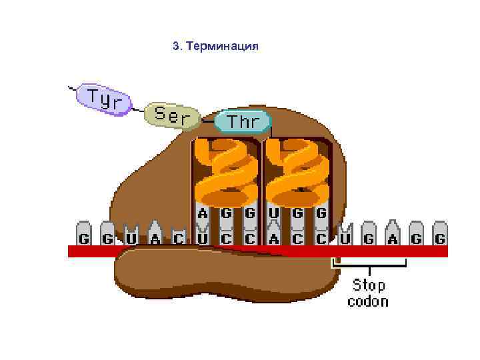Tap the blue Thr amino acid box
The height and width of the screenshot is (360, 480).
tap(243, 122)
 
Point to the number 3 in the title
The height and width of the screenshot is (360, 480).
tap(175, 47)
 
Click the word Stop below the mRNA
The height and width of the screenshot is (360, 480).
tap(368, 285)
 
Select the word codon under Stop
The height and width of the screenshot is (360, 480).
tap(368, 301)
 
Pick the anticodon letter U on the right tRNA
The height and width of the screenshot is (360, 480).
tap(273, 214)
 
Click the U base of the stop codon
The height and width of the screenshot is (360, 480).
tap(345, 238)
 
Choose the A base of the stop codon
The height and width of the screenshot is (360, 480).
tap(392, 238)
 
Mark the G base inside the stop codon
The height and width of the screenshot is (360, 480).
tap(369, 238)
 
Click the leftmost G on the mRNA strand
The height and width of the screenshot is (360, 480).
tap(85, 238)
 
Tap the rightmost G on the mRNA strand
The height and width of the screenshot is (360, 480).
tap(439, 238)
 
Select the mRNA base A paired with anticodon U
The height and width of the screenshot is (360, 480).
tap(273, 238)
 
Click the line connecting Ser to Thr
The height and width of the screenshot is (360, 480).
tap(207, 122)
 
